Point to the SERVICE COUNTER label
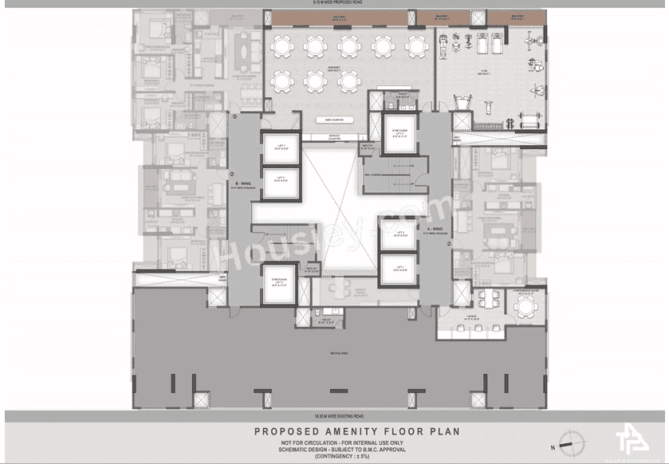[x=322, y=137]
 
